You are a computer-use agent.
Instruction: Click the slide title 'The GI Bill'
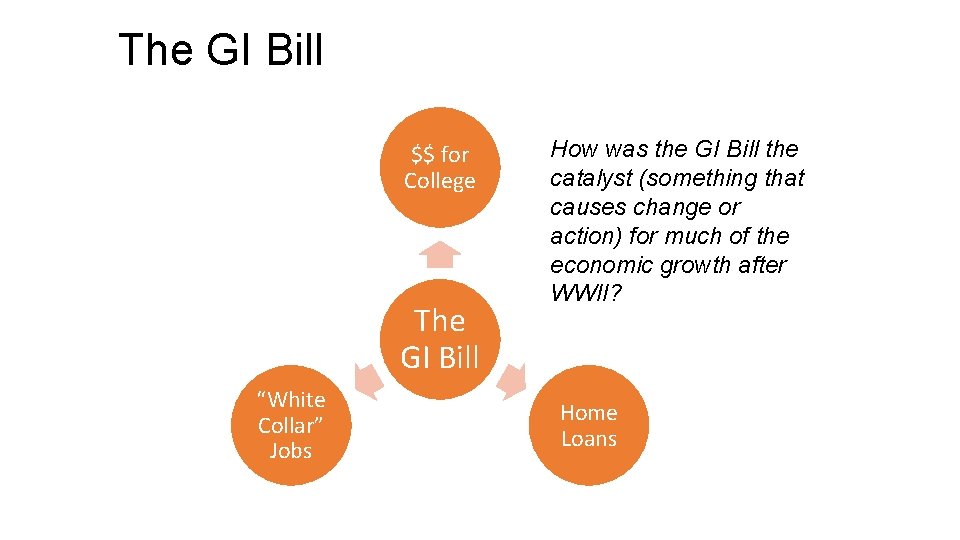[221, 49]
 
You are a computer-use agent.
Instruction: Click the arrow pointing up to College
[440, 255]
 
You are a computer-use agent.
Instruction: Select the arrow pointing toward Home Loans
[513, 381]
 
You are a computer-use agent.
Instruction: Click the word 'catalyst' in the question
[585, 178]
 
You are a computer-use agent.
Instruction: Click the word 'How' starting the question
[572, 149]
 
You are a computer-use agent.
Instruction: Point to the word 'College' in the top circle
[440, 181]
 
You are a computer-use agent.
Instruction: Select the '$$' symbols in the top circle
[423, 154]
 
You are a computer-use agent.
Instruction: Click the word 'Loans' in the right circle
[589, 439]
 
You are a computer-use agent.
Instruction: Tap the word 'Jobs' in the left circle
[290, 451]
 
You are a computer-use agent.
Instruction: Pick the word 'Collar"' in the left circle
[290, 425]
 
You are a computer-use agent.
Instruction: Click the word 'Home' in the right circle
[589, 412]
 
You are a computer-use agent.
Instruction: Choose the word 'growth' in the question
[694, 265]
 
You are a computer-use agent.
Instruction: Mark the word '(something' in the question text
[698, 178]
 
